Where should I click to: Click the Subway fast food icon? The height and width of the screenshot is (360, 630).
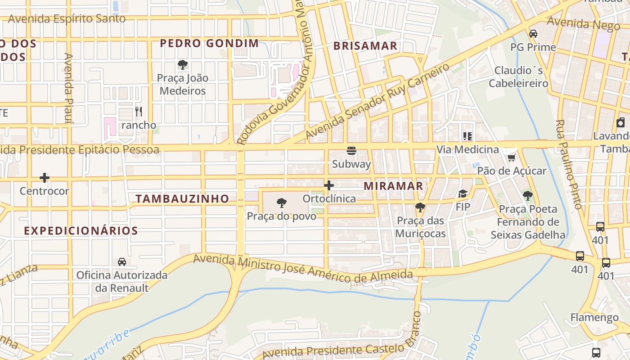[x=351, y=150]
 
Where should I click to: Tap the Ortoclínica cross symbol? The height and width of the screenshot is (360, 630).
[x=329, y=185]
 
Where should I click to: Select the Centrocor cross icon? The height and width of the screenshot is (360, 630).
[x=44, y=178]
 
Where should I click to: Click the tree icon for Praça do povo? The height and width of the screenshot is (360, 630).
[x=281, y=203]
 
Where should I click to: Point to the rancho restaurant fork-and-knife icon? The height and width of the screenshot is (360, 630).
[x=139, y=111]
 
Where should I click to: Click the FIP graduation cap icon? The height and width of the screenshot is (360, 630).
[x=463, y=193]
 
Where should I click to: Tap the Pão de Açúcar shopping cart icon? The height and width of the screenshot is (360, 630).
[x=511, y=157]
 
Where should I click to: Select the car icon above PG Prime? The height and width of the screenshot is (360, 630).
[x=533, y=33]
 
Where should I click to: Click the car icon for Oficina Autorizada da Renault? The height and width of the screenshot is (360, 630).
[x=121, y=261]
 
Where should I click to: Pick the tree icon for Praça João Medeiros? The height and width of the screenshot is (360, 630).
[x=182, y=64]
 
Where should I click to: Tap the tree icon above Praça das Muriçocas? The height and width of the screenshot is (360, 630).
[x=420, y=207]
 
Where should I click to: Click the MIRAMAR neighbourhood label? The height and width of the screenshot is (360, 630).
[x=393, y=186]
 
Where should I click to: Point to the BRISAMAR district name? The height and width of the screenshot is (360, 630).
[x=365, y=45]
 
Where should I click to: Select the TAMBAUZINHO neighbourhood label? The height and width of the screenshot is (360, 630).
[x=182, y=198]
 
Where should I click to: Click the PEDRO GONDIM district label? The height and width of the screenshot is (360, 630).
[x=209, y=43]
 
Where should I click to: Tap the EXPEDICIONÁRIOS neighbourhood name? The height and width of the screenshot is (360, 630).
[x=81, y=231]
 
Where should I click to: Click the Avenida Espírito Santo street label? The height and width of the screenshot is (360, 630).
[x=67, y=19]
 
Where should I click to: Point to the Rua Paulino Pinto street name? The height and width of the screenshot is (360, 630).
[x=570, y=164]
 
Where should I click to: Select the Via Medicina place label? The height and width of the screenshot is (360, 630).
[x=468, y=149]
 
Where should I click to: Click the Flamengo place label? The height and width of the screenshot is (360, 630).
[x=594, y=317]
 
